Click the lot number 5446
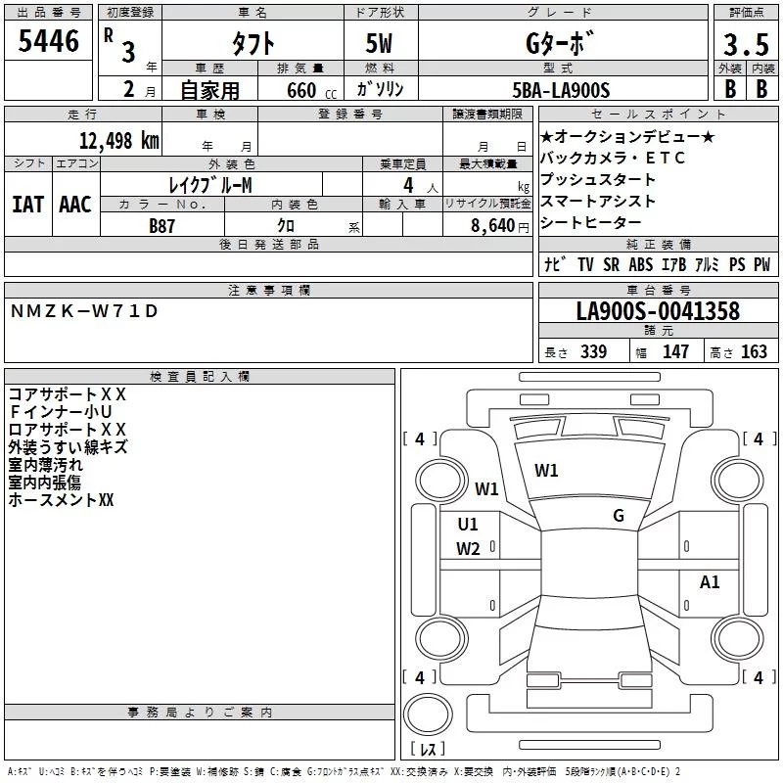[x=48, y=41]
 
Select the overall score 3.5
[x=746, y=44]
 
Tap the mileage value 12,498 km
[x=119, y=141]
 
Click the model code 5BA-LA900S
[x=561, y=90]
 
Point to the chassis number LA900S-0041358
[x=658, y=311]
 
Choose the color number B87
[x=161, y=226]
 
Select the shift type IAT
[x=28, y=205]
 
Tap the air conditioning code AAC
[x=75, y=205]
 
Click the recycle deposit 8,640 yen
[x=499, y=226]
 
